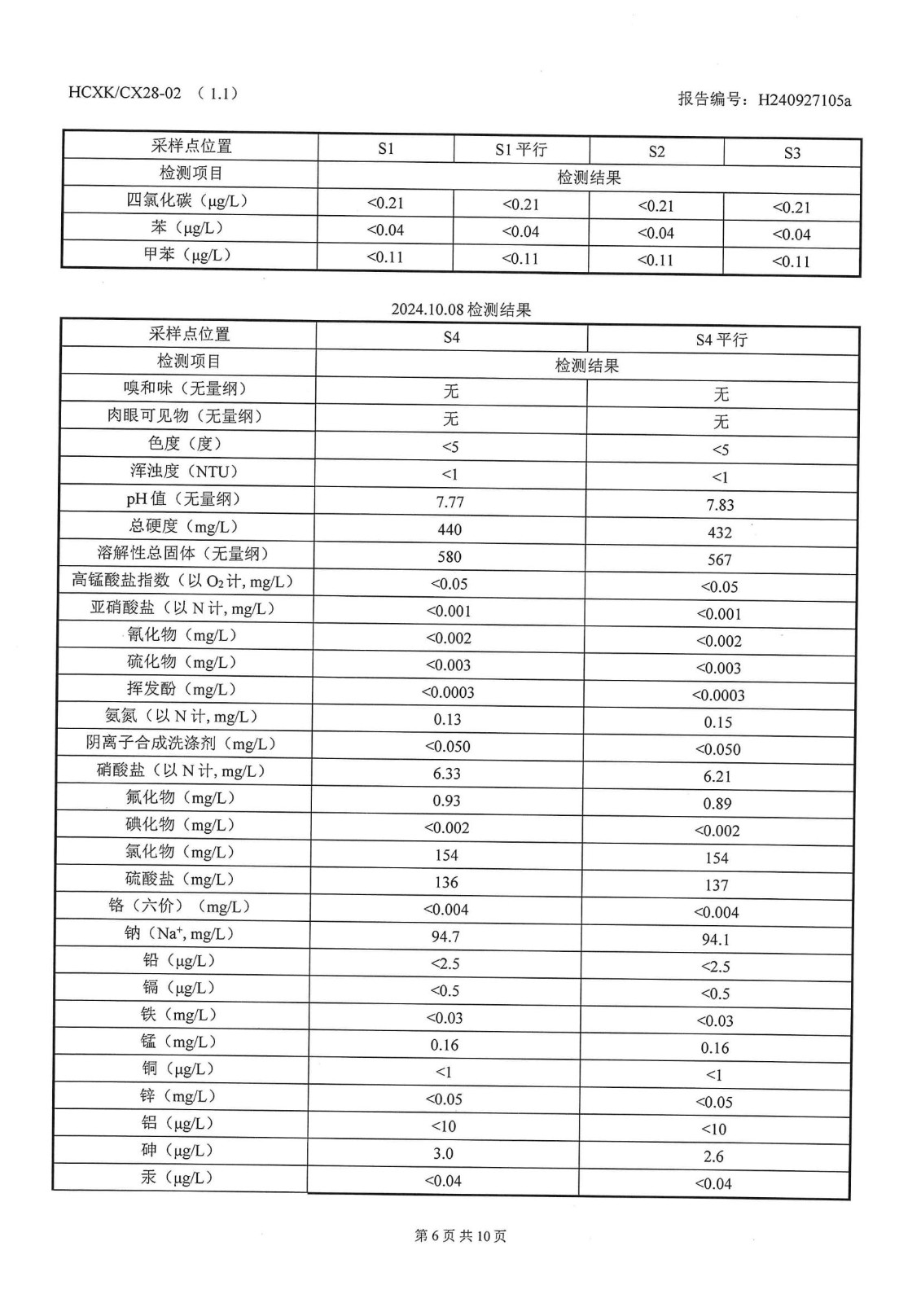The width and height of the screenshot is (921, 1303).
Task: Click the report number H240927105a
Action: point(804,100)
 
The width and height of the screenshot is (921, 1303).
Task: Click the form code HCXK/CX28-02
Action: point(125,93)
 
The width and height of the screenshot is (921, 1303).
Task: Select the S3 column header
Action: point(792,153)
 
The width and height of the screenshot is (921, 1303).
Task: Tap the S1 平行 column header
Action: point(521,150)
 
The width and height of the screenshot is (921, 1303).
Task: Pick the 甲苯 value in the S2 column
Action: point(656,261)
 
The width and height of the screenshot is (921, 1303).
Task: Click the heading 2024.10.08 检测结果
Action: point(461,309)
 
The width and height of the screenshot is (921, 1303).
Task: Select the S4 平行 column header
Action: point(721,340)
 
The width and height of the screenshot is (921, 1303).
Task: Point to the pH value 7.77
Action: point(450,502)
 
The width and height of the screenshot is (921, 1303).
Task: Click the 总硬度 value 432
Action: point(720,533)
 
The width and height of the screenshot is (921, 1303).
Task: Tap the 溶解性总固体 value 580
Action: point(450,557)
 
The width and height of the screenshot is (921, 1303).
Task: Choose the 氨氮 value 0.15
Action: point(718,722)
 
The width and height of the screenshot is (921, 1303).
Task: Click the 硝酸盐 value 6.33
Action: point(447,774)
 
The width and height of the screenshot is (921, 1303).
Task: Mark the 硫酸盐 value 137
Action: point(716,885)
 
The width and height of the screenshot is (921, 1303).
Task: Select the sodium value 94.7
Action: point(445,937)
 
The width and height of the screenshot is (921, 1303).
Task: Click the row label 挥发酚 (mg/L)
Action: point(182,689)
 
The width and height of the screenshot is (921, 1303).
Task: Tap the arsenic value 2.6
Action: point(713,1156)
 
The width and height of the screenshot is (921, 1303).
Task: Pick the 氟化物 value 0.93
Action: point(446,801)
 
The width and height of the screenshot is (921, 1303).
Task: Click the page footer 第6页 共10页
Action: point(460,1236)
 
